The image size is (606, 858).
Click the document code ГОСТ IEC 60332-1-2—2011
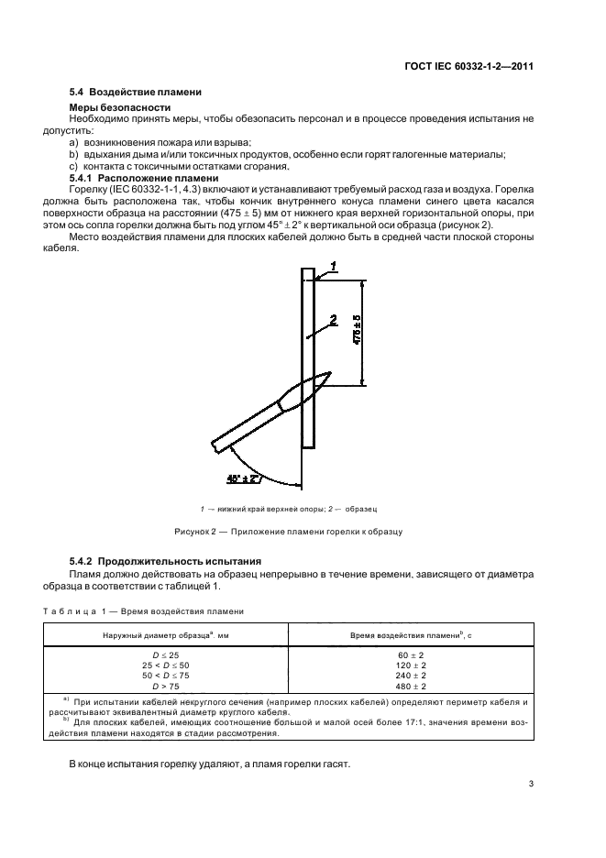(x=468, y=66)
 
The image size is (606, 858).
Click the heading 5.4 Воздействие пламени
(x=136, y=93)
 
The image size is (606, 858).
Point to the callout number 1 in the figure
(x=334, y=265)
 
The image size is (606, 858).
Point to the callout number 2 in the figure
(x=333, y=320)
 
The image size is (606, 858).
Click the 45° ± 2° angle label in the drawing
(x=243, y=478)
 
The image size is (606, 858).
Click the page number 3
(x=532, y=784)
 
